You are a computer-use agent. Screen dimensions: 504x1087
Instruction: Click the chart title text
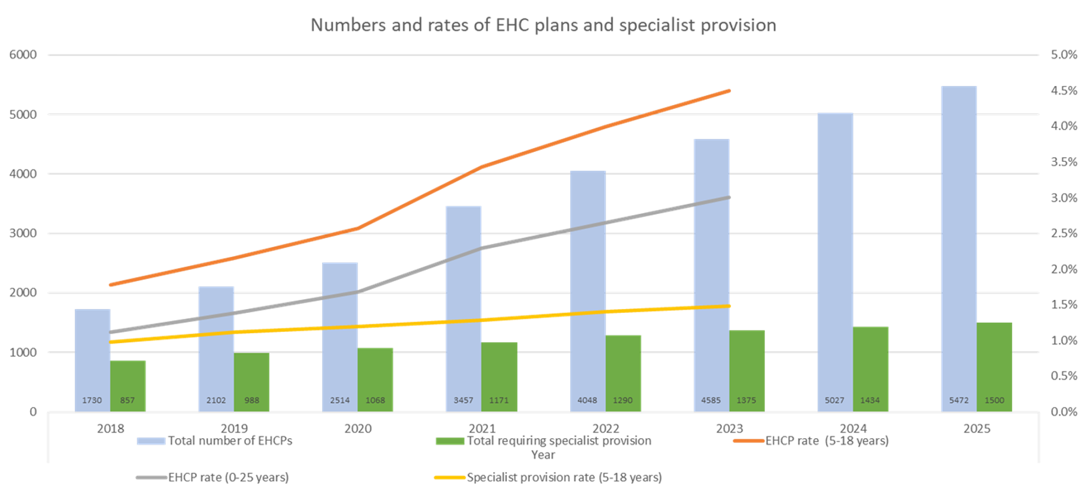543,25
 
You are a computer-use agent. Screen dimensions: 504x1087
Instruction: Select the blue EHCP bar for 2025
959,248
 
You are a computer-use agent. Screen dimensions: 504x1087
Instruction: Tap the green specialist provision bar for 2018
128,385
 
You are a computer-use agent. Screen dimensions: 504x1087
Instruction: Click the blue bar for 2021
463,306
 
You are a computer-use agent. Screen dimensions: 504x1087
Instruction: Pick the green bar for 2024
870,368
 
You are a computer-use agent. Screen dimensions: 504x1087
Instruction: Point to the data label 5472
959,400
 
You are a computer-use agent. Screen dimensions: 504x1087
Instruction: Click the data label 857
127,400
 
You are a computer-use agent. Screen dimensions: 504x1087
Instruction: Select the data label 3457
463,400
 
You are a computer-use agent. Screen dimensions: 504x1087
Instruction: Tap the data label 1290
622,400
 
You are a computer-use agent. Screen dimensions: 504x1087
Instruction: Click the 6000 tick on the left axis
23,55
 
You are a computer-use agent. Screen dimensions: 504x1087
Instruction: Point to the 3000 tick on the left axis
23,233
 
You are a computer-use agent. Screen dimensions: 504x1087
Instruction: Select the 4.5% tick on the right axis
1064,91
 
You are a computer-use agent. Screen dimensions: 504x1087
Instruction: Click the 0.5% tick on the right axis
1064,376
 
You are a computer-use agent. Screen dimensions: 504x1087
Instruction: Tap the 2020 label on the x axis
358,428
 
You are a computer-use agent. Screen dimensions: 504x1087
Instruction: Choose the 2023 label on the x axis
729,428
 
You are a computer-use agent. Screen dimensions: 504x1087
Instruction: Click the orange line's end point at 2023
729,91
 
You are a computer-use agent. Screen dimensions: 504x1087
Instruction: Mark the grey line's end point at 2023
729,197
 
